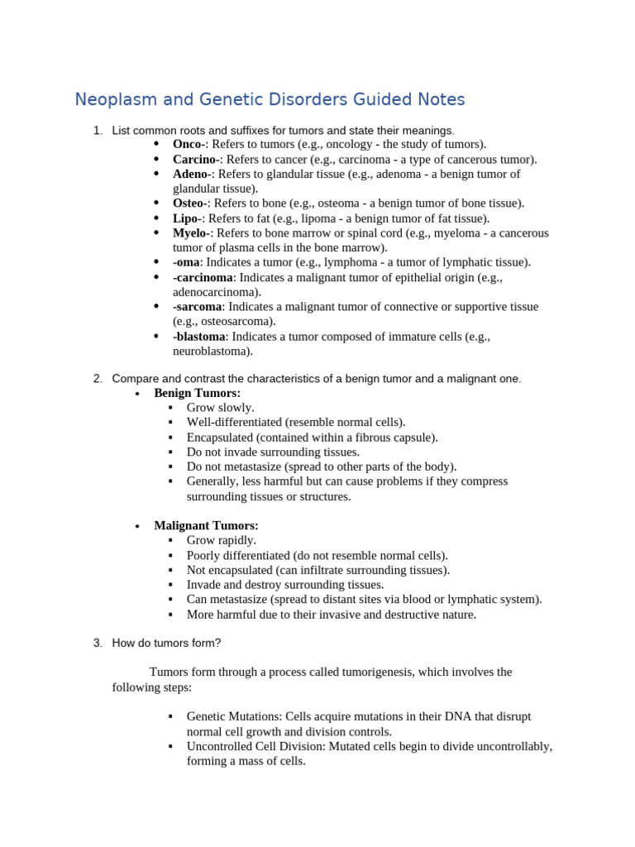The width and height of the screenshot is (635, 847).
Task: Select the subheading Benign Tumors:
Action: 198,393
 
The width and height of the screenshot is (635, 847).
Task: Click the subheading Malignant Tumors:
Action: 206,525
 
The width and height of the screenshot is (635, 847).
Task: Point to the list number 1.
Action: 98,130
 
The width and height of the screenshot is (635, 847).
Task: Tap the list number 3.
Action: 98,643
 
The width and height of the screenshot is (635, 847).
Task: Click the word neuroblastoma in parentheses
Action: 209,351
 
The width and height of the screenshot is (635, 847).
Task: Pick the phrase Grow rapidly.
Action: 222,540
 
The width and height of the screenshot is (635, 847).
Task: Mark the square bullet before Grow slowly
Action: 170,408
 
